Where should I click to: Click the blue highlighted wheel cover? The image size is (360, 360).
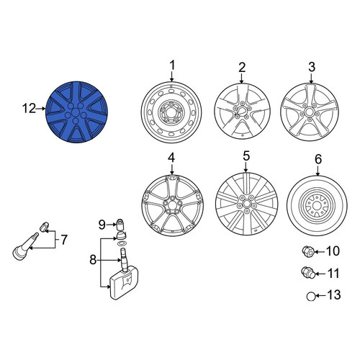tap(76, 112)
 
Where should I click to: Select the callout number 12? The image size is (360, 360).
tap(29, 109)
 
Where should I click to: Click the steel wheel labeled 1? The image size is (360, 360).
tap(171, 112)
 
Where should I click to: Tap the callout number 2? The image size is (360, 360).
tap(242, 68)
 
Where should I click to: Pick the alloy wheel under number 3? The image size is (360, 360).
tap(310, 112)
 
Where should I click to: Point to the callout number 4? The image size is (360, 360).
tap(171, 158)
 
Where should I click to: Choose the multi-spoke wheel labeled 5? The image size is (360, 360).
tap(247, 204)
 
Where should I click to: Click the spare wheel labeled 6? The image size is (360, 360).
tap(317, 205)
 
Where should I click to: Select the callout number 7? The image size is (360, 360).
tap(64, 240)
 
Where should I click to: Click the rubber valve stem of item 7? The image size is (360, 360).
tap(24, 246)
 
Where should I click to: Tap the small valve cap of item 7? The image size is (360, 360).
tap(44, 227)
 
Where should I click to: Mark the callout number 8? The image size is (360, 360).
tap(93, 259)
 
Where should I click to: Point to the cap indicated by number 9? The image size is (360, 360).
tap(120, 225)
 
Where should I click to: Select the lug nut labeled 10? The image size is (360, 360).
tap(307, 251)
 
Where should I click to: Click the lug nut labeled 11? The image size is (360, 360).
tap(307, 273)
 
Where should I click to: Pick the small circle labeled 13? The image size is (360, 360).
tap(310, 297)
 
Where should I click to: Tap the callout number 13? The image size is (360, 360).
tap(334, 294)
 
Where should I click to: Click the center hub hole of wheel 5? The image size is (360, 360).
tap(247, 204)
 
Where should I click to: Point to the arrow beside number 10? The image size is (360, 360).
tap(320, 251)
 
